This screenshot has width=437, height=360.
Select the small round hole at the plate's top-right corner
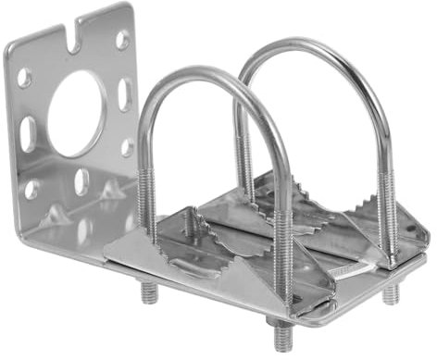(x=122, y=39)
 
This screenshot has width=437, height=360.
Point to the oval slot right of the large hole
(x=124, y=93)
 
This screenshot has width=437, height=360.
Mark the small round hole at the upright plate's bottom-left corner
(x=31, y=190)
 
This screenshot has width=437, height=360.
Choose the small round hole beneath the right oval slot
(x=127, y=146)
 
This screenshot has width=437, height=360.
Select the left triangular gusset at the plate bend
(x=57, y=216)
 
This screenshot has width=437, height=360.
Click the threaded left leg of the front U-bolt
(x=148, y=199)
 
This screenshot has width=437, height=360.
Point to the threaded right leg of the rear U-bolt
(x=390, y=213)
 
